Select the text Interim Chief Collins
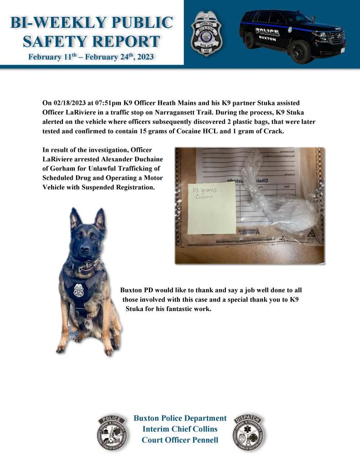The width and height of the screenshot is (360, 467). pos(180,429)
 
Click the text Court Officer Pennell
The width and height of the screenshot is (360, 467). pos(180,440)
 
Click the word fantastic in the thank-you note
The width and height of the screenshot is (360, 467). pos(171,308)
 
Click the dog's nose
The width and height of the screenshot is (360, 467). pos(83,250)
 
